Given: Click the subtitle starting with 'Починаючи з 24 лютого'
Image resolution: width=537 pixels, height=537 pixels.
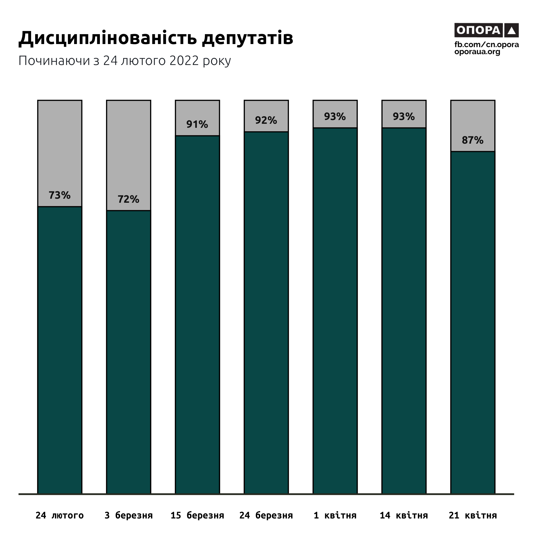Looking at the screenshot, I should click(x=125, y=61).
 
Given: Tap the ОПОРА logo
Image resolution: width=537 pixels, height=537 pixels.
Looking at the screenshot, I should click(x=486, y=30).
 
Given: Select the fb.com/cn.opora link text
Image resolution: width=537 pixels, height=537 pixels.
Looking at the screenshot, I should click(x=487, y=45).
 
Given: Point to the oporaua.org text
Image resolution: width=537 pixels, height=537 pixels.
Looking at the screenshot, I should click(x=477, y=52).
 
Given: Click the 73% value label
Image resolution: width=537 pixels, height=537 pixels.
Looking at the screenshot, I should click(x=60, y=195).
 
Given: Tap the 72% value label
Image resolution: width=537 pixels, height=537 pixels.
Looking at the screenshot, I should click(x=128, y=199).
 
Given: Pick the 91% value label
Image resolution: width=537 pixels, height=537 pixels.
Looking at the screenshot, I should click(x=197, y=124).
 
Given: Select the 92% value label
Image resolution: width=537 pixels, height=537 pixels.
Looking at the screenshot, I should click(x=266, y=120).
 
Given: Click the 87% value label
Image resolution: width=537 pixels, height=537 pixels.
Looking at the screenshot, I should click(x=473, y=140).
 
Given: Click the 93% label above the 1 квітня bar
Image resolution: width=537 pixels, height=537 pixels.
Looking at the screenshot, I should click(x=335, y=117).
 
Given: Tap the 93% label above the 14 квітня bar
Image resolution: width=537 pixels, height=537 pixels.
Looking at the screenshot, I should click(x=404, y=117).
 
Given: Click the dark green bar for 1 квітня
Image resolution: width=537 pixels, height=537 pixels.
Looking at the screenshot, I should click(x=335, y=311).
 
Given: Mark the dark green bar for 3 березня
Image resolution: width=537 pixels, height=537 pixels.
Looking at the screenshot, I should click(x=128, y=353).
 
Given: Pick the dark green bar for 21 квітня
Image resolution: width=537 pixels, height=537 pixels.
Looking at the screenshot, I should click(x=473, y=322).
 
